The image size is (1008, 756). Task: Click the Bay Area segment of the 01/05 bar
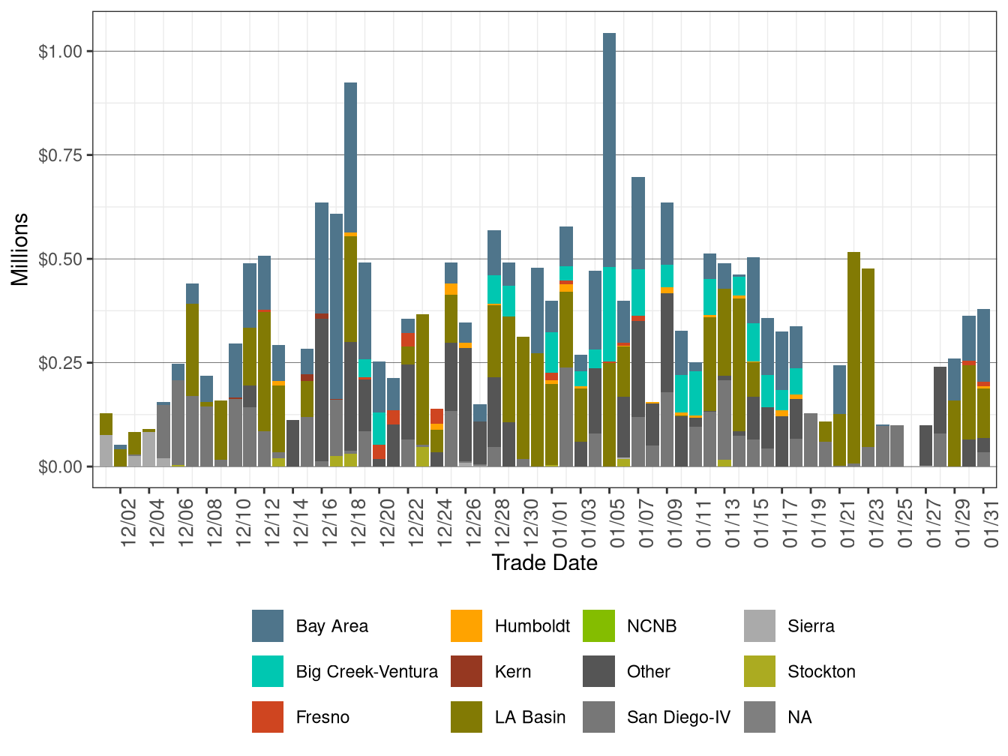(609, 150)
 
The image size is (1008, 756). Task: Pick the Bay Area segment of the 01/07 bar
(638, 223)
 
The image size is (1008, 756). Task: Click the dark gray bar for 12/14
(292, 443)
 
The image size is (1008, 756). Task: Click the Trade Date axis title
(544, 562)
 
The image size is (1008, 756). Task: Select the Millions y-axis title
(20, 249)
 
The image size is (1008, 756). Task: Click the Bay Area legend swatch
(268, 626)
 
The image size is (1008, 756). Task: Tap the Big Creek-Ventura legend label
(367, 672)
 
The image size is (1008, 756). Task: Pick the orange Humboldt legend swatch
(466, 626)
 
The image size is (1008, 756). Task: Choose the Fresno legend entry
(322, 718)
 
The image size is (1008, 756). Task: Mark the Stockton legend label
(821, 672)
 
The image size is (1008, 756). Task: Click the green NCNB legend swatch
(598, 626)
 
